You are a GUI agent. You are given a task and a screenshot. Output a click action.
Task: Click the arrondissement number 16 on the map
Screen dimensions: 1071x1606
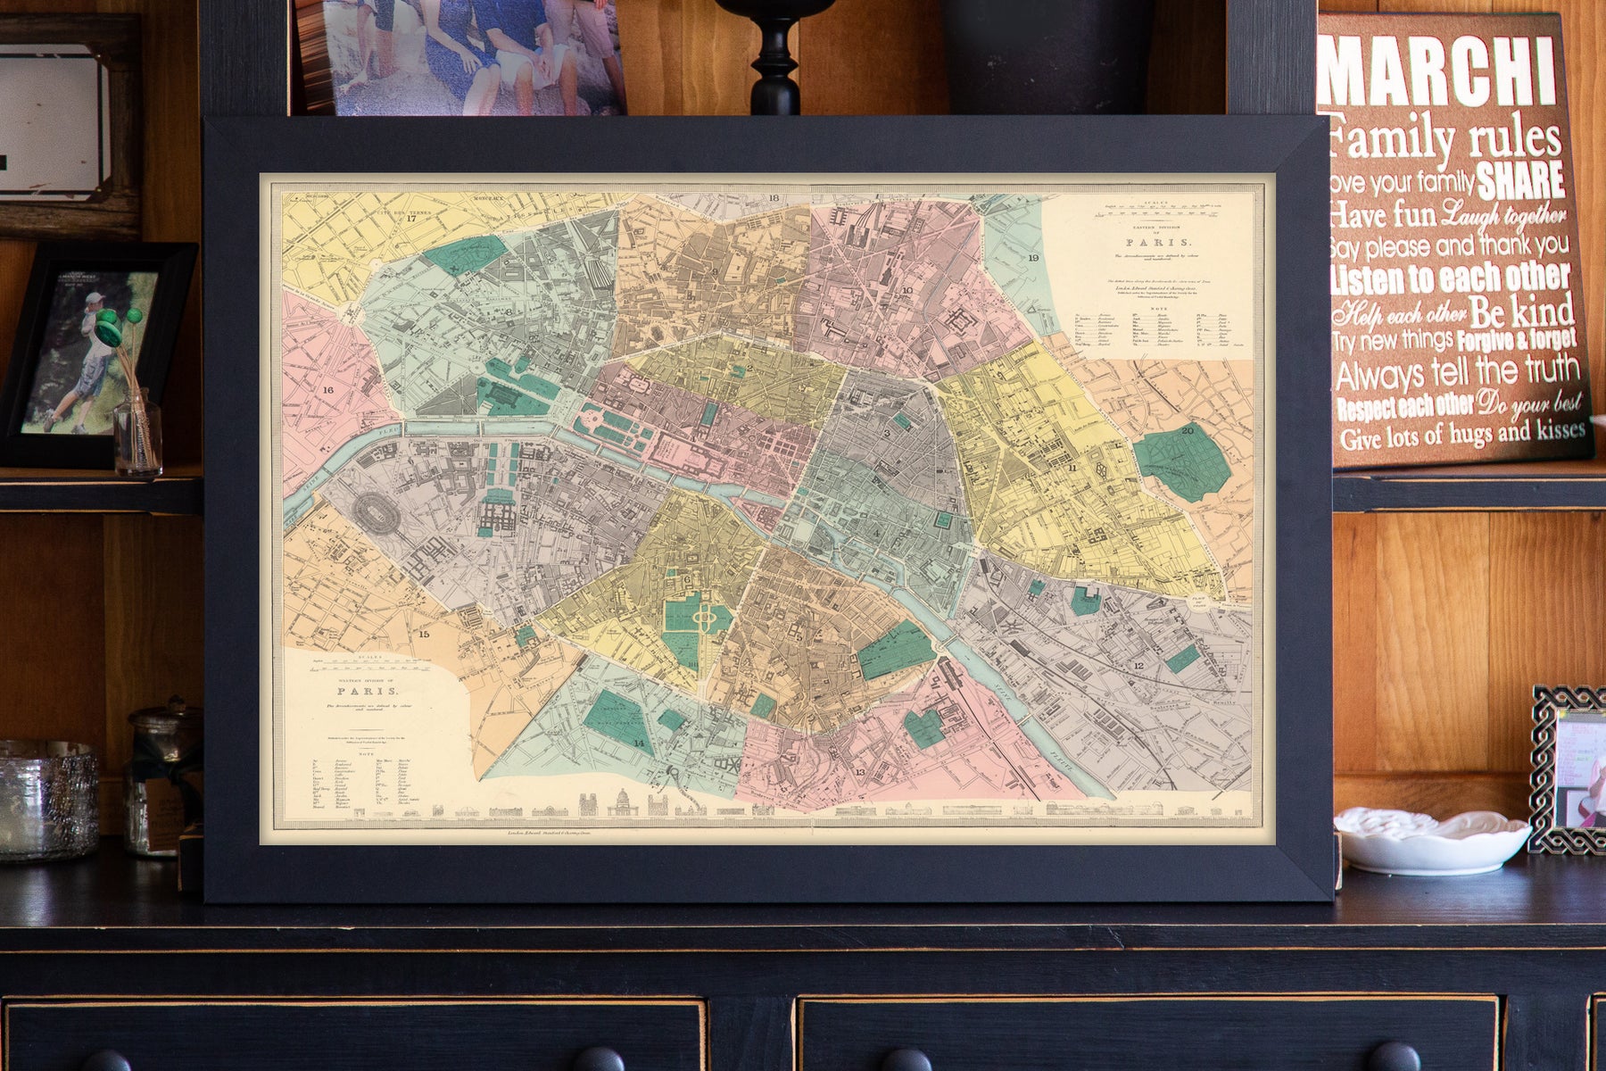pyautogui.click(x=328, y=390)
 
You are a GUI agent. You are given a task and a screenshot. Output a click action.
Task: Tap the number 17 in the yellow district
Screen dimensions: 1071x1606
pyautogui.click(x=411, y=218)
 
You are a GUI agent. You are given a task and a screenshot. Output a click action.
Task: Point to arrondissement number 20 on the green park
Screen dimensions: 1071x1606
pyautogui.click(x=1187, y=430)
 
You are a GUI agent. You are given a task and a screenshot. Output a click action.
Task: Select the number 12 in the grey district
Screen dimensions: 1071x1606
pyautogui.click(x=1138, y=666)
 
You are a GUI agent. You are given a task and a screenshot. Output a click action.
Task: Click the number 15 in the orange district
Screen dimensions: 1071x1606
pyautogui.click(x=425, y=635)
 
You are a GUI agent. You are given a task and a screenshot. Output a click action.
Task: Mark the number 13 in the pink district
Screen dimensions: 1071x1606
pyautogui.click(x=859, y=772)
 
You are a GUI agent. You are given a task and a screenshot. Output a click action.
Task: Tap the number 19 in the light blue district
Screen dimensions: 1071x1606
pyautogui.click(x=1033, y=258)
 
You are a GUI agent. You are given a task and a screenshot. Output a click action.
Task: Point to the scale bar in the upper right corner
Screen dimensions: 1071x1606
pyautogui.click(x=1160, y=208)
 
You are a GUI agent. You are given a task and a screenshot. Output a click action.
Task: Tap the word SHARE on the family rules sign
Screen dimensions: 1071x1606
pyautogui.click(x=1520, y=179)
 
